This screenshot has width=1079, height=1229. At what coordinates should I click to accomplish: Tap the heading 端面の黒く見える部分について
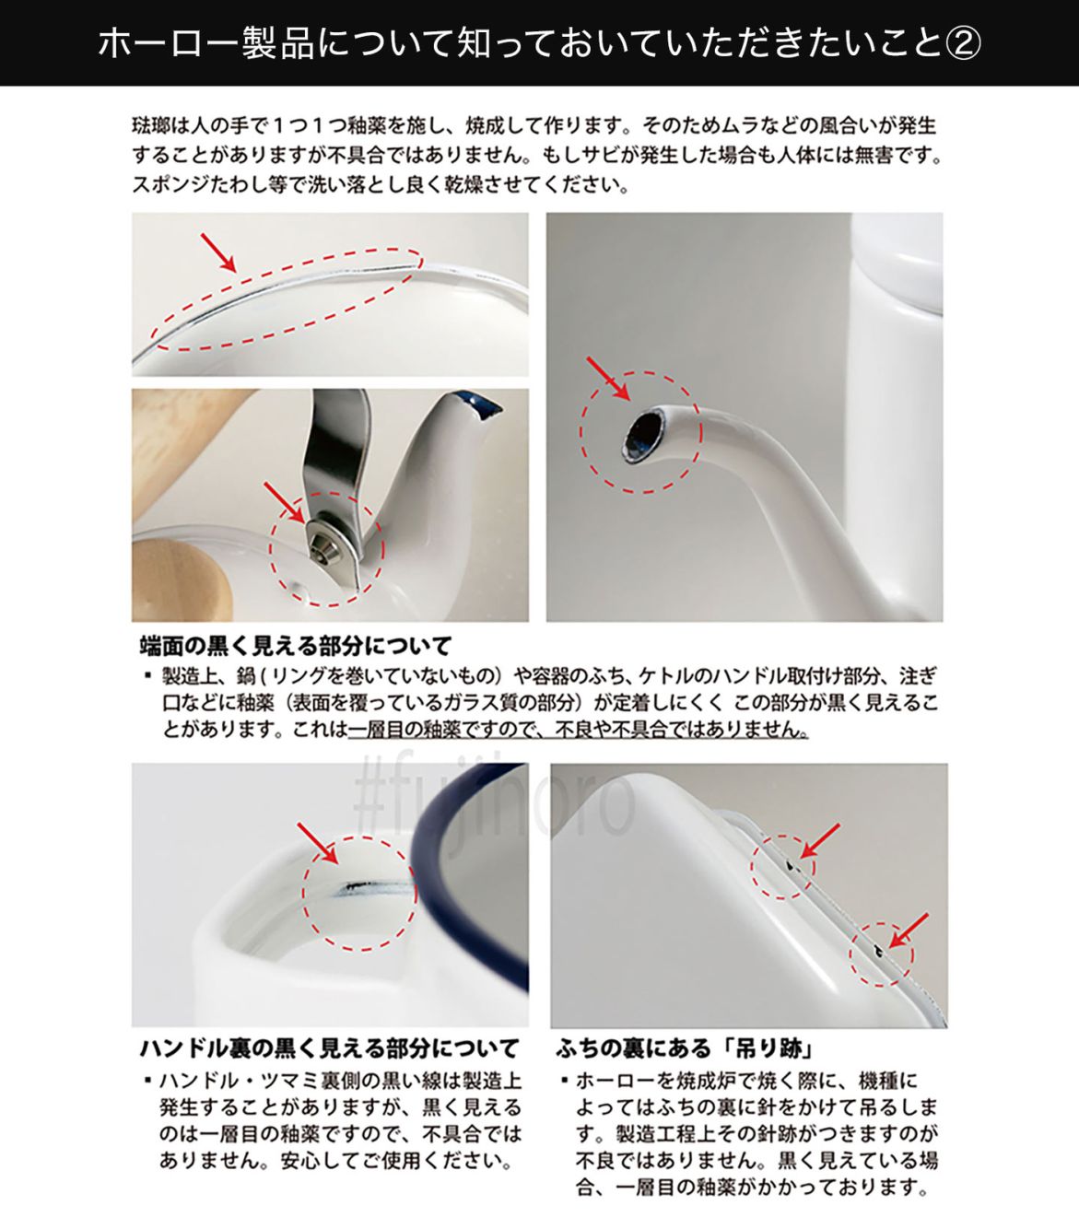(295, 645)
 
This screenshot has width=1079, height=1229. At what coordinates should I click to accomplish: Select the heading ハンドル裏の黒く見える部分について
(329, 1048)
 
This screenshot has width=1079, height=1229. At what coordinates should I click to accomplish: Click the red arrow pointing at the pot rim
(218, 252)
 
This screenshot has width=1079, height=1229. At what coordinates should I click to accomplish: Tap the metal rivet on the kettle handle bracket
(323, 542)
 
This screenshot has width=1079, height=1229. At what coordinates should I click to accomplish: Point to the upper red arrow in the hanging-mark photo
(819, 839)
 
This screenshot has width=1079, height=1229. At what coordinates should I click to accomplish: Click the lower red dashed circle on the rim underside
(881, 954)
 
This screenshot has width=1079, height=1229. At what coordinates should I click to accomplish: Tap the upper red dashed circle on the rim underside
(783, 866)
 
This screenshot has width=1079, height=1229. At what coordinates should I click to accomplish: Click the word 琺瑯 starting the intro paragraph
(147, 125)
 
